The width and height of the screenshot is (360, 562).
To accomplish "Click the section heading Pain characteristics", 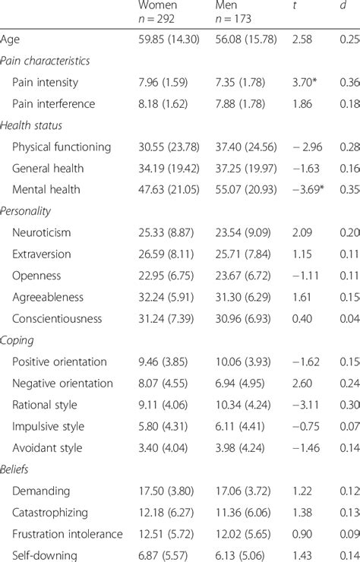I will [46, 60].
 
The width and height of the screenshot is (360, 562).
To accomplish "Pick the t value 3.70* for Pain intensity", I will [309, 81].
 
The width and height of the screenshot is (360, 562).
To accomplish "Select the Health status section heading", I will [33, 125].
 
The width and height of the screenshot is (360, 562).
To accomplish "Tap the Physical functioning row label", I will [62, 147].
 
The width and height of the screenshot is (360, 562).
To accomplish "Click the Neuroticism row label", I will [46, 233].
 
